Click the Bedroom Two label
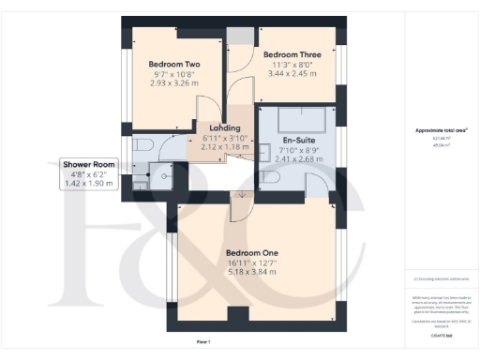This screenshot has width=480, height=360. point(176,64)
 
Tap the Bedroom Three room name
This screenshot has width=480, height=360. point(292,55)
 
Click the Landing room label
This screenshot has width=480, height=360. point(225,128)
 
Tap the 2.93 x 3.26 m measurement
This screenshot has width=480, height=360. point(176,83)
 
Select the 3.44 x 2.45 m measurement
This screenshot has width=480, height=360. point(292,73)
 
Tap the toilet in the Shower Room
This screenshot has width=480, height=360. point(143,145)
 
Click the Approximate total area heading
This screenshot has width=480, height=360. point(441,130)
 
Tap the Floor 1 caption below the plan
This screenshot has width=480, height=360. point(203,341)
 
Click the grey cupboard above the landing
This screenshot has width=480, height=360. point(240,36)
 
